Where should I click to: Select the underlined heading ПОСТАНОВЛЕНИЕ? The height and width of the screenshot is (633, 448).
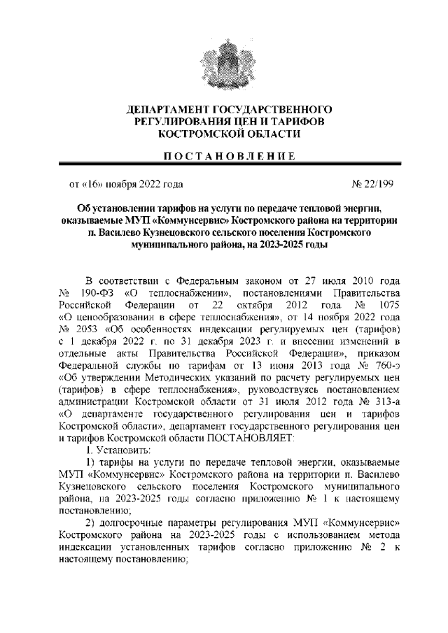[224, 155]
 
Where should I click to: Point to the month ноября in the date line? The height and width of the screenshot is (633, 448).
[122, 185]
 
